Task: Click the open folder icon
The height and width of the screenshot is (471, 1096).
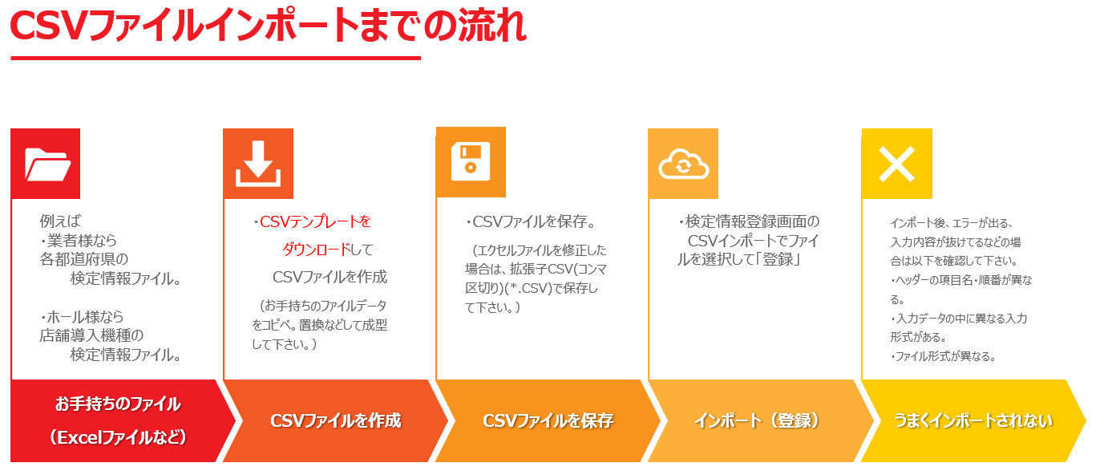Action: pyautogui.click(x=47, y=164)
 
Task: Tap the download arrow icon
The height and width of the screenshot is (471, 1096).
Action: pyautogui.click(x=258, y=164)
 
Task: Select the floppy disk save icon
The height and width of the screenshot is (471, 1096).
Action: pyautogui.click(x=470, y=161)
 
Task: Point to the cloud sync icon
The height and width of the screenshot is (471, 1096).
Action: pyautogui.click(x=684, y=164)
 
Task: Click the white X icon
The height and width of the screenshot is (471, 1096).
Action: pyautogui.click(x=896, y=164)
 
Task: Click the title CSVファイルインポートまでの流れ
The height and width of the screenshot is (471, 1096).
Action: pyautogui.click(x=268, y=26)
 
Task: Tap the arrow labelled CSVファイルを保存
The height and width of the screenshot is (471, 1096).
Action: pyautogui.click(x=548, y=420)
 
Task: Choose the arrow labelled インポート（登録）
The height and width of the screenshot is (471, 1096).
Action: pyautogui.click(x=760, y=420)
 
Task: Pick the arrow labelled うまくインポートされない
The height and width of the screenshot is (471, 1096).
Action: pyautogui.click(x=973, y=420)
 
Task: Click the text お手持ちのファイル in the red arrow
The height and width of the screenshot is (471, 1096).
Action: pyautogui.click(x=117, y=404)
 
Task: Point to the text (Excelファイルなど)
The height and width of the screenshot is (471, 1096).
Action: pyautogui.click(x=117, y=437)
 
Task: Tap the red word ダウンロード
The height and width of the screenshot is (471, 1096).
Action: pyautogui.click(x=317, y=250)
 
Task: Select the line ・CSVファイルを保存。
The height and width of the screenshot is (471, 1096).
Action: pyautogui.click(x=531, y=221)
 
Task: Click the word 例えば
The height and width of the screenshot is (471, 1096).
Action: pyautogui.click(x=60, y=221)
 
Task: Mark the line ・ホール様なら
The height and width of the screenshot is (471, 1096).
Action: pyautogui.click(x=82, y=317)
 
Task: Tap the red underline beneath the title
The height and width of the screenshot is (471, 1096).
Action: pyautogui.click(x=216, y=59)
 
